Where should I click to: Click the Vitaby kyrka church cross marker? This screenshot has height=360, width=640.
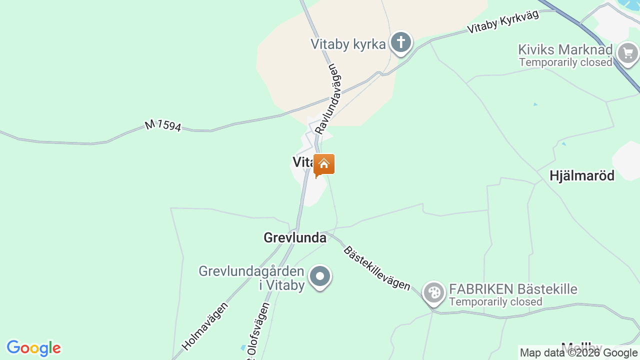pyautogui.click(x=400, y=42)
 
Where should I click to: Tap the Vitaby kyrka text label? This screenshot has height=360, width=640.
pyautogui.click(x=348, y=44)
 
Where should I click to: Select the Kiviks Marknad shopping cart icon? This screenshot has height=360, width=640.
pyautogui.click(x=627, y=52)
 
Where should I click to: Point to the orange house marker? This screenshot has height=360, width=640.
pyautogui.click(x=324, y=164)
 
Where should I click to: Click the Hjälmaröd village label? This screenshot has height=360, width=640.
pyautogui.click(x=581, y=175)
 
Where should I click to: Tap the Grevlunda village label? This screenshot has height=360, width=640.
pyautogui.click(x=295, y=237)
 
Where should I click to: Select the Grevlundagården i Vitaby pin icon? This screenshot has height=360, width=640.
pyautogui.click(x=320, y=276)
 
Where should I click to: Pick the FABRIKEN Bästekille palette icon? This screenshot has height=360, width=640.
pyautogui.click(x=433, y=292)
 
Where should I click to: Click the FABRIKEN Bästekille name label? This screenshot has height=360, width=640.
pyautogui.click(x=513, y=289)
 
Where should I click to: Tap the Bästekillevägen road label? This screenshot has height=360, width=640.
pyautogui.click(x=376, y=268)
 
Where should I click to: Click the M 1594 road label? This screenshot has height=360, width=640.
pyautogui.click(x=163, y=125)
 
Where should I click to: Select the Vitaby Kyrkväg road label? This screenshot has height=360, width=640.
pyautogui.click(x=503, y=22)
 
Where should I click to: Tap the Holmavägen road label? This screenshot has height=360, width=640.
pyautogui.click(x=205, y=325)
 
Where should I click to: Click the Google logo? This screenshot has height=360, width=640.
pyautogui.click(x=33, y=348)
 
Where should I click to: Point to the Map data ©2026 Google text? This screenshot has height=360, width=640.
pyautogui.click(x=578, y=353)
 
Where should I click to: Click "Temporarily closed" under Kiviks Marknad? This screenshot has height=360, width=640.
pyautogui.click(x=565, y=62)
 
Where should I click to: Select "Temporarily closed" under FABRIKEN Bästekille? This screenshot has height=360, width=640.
pyautogui.click(x=495, y=302)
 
